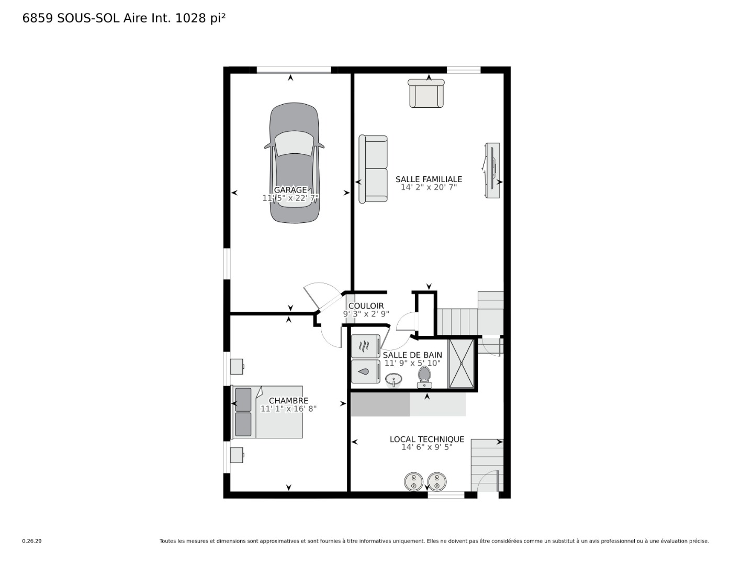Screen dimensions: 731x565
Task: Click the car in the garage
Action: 294,163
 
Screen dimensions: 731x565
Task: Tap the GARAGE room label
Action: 290,190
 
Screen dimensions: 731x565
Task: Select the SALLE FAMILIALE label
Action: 429,179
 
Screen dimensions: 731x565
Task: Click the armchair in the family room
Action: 426,94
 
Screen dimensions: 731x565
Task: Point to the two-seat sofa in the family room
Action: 373,169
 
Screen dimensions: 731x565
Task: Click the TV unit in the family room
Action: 492,171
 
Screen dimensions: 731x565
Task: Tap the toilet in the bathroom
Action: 424,377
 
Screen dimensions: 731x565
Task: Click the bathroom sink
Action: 393,380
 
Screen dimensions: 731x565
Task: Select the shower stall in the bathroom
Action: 461,363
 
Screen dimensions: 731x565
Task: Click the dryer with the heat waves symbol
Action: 366,346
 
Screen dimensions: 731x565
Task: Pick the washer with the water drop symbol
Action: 366,371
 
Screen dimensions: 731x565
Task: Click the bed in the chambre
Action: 267,412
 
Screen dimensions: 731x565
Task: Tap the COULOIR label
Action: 366,306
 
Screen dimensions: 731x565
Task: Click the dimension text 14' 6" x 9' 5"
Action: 427,447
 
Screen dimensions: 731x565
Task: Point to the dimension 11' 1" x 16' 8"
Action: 288,409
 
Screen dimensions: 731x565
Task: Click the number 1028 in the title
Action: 191,18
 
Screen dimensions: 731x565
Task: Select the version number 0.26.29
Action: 32,541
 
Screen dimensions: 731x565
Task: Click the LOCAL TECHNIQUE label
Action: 427,439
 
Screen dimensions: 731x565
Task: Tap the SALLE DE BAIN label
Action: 412,355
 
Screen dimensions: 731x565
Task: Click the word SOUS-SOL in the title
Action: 88,18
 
